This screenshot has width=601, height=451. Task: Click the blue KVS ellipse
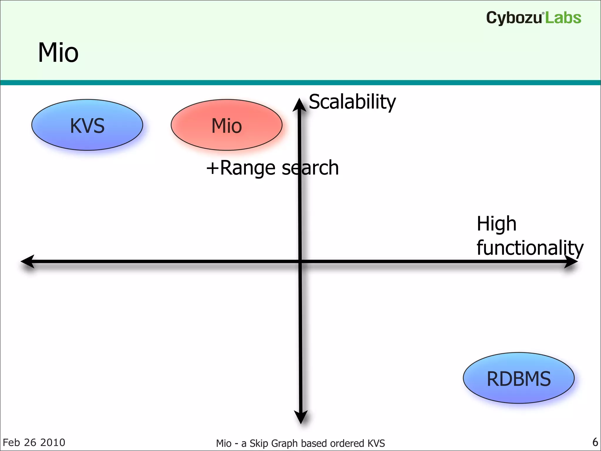[87, 125]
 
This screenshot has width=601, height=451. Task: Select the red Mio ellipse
[227, 125]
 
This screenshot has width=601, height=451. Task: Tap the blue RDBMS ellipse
[519, 378]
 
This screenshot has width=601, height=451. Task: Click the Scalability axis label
[352, 102]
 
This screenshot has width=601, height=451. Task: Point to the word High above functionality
[496, 224]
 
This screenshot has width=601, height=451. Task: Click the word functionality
[530, 248]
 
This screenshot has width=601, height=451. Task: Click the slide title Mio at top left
[58, 53]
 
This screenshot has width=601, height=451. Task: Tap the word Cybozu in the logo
[514, 18]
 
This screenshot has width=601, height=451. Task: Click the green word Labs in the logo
[563, 18]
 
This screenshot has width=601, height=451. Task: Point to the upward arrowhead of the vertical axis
[299, 105]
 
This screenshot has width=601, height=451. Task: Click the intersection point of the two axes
[300, 261]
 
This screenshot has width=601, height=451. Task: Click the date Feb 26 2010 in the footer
[34, 442]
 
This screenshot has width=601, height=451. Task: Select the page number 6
[595, 442]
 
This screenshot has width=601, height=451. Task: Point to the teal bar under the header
[300, 83]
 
